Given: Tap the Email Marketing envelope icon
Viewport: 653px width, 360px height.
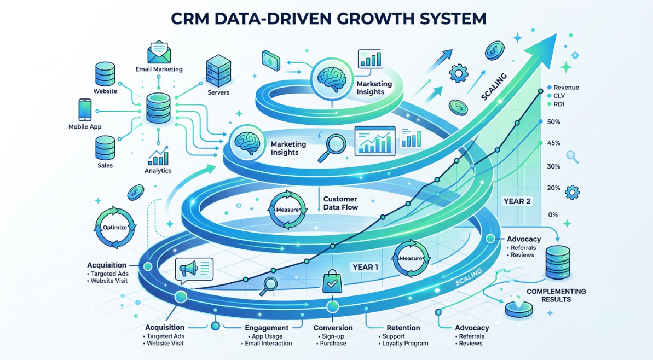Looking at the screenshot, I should click(x=159, y=53).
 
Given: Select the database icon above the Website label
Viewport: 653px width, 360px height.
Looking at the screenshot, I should click(x=106, y=73).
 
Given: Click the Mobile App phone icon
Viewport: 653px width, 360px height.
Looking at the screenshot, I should click(x=85, y=110).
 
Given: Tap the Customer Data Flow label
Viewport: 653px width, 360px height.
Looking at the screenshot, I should click(x=340, y=203).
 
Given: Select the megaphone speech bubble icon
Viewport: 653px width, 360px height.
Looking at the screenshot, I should click(x=193, y=270).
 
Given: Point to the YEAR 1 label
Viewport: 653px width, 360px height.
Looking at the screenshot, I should click(x=366, y=267).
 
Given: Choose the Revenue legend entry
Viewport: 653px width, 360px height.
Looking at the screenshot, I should click(x=566, y=88).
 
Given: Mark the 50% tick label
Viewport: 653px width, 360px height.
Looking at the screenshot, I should click(x=553, y=121).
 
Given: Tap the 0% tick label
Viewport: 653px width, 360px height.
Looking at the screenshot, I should click(x=552, y=214).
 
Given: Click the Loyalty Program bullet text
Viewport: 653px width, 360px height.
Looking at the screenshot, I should click(x=404, y=344).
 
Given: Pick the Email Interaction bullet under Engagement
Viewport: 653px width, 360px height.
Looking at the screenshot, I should click(x=269, y=344).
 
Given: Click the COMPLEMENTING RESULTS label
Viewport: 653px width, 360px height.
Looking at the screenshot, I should click(x=556, y=295).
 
